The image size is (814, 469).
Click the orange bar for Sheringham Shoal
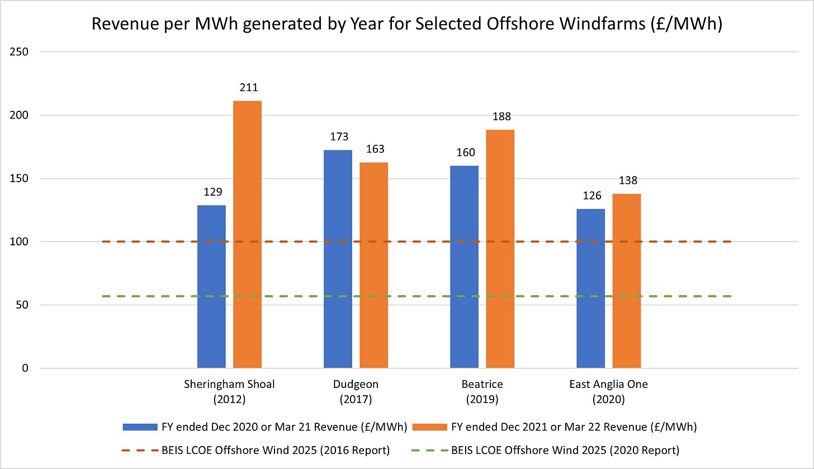247,235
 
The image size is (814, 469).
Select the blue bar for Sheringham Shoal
211,287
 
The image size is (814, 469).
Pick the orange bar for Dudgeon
373,266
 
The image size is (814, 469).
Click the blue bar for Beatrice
465,267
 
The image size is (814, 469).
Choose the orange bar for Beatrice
500,249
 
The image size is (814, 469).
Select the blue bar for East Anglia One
590,288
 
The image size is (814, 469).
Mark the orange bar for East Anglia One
626,281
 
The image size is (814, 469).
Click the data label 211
247,88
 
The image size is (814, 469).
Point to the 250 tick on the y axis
20,52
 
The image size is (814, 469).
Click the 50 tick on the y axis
22,305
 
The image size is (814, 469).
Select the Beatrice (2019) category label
482,392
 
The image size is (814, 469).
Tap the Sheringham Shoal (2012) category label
229,392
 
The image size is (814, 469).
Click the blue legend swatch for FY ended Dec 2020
140,427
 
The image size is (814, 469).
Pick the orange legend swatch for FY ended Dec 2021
429,427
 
